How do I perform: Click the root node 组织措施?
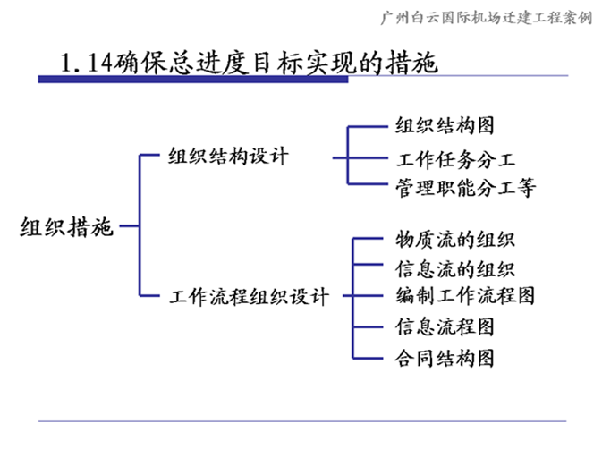66,226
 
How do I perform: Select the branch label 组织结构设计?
228,157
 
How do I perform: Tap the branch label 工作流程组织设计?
249,297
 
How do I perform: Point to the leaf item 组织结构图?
445,125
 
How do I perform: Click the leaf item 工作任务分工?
455,159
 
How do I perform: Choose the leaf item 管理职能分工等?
465,188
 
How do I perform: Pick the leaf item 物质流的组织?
455,239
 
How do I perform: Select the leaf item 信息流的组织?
455,268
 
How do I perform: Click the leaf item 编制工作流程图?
465,295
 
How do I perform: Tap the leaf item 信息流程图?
445,326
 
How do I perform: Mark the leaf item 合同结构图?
445,358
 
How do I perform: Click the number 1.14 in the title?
87,63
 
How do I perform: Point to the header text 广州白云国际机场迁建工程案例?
487,18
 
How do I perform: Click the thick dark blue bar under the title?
193,80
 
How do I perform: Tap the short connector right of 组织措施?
129,225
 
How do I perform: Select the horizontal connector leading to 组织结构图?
368,126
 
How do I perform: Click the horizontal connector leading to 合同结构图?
368,359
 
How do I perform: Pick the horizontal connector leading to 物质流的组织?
368,239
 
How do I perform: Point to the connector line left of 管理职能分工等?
368,184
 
